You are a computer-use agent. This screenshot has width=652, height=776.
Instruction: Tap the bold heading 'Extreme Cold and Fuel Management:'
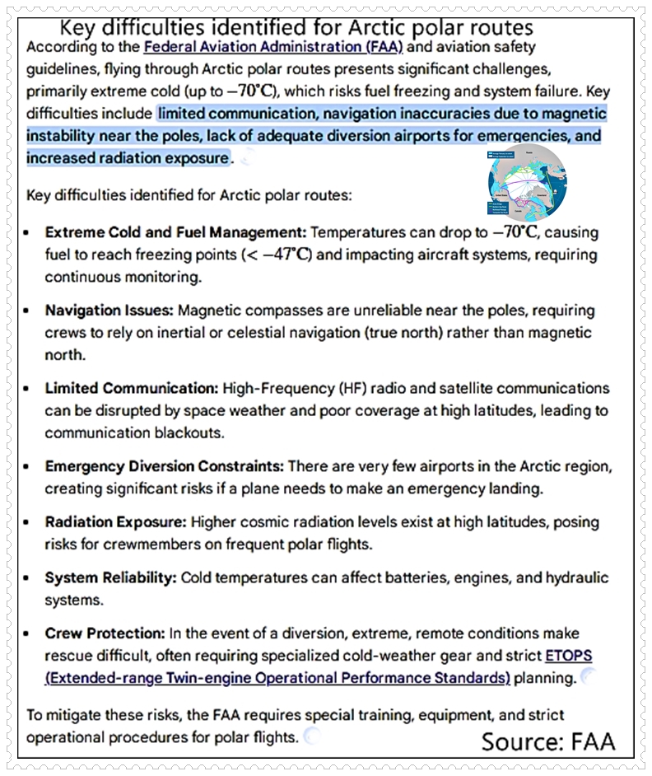175,232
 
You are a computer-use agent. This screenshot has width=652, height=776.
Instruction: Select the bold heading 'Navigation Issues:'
109,311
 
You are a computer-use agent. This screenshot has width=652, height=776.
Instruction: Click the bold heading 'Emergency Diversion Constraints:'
164,466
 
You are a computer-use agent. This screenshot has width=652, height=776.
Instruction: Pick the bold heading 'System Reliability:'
111,577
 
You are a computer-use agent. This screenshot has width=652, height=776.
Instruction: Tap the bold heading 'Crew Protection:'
105,633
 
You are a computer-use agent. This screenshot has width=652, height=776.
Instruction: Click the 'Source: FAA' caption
548,741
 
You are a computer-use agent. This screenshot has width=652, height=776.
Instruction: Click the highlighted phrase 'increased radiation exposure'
128,157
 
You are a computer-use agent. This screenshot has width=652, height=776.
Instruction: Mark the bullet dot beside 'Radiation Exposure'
28,523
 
